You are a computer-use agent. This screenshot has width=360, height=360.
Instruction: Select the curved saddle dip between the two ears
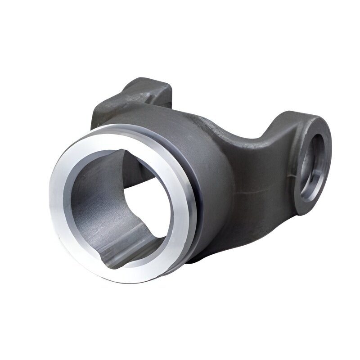pos(252,135)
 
